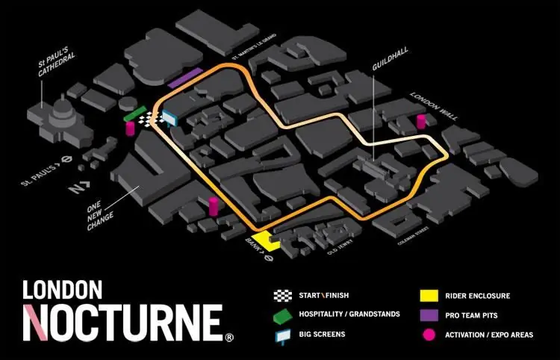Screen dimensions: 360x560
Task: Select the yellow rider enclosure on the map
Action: (x=264, y=241)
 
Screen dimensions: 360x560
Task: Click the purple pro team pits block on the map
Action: (x=186, y=78)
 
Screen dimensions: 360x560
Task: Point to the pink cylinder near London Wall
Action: (x=420, y=122)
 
